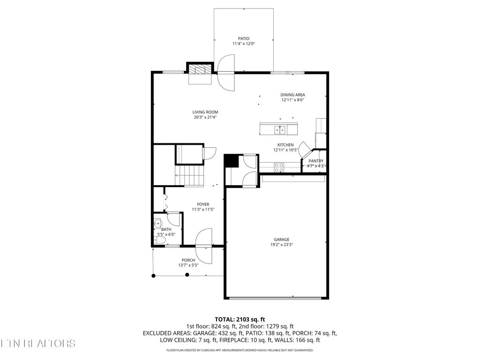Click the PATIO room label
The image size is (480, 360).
[x=243, y=38]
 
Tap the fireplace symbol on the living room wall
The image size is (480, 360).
[x=200, y=69]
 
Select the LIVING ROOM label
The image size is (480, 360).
[x=205, y=112]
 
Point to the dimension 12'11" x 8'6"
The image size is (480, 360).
[x=293, y=100]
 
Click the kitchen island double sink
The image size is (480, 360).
[x=279, y=128]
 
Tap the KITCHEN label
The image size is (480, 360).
[x=285, y=145]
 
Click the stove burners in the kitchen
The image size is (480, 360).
[x=279, y=165]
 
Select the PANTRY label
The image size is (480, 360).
[x=316, y=161]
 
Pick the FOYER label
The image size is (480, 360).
[x=203, y=204]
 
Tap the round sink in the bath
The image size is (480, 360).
[x=157, y=223]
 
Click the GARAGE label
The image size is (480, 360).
[x=282, y=239]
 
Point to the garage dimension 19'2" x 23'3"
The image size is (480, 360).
[x=282, y=244]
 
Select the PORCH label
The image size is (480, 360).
[x=188, y=260]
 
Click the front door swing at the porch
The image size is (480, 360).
[x=204, y=246]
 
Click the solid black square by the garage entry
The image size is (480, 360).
[x=230, y=160]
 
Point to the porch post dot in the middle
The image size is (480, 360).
[x=187, y=275]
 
